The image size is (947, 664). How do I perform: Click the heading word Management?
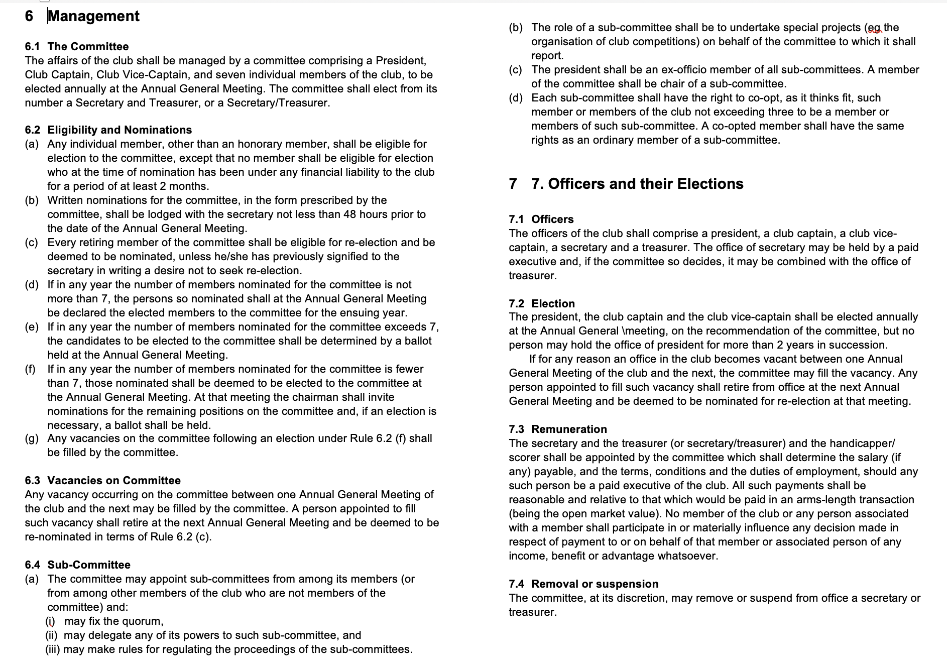click(94, 16)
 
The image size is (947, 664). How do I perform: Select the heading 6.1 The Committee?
click(77, 47)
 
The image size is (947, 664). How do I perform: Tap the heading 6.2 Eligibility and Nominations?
click(108, 130)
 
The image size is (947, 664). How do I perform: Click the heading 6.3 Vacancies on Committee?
click(103, 481)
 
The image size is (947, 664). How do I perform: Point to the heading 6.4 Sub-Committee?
click(78, 565)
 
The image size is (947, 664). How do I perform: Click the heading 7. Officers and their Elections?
click(637, 184)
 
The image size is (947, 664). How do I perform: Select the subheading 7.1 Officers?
click(541, 219)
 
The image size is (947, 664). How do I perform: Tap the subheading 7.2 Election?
click(542, 304)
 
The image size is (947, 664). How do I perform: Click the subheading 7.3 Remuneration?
click(558, 429)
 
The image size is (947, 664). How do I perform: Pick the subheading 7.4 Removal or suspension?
click(583, 584)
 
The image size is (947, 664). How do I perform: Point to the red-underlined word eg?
click(874, 28)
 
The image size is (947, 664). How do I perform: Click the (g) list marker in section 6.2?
click(32, 438)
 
